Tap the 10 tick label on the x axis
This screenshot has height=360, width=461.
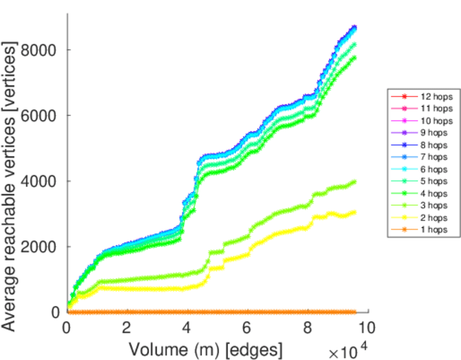tap(367, 328)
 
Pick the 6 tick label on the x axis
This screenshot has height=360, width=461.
tap(247, 328)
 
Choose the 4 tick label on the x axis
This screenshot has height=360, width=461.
tap(187, 328)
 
